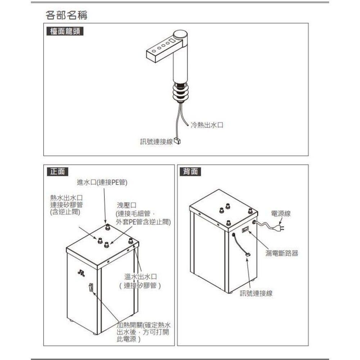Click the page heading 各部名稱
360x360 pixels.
(67, 15)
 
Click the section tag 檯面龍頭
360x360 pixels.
(65, 31)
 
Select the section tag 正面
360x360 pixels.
(58, 172)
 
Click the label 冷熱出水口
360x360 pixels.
(207, 125)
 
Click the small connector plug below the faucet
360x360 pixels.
(177, 141)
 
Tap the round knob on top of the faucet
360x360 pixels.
(180, 36)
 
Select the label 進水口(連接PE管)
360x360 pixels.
(102, 183)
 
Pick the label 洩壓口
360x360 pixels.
(127, 205)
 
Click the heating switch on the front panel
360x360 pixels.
(91, 288)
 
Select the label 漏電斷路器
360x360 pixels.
(282, 253)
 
